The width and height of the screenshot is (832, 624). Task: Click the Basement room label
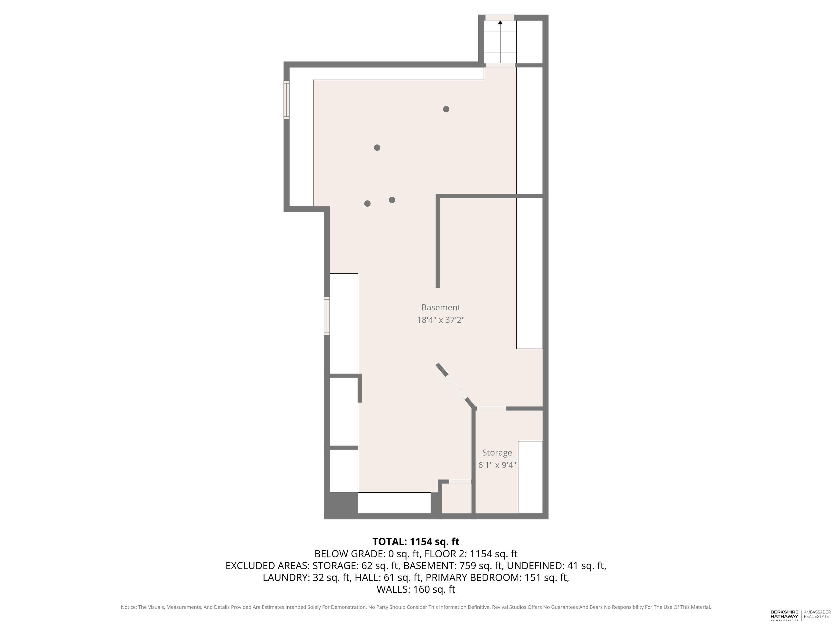pyautogui.click(x=440, y=307)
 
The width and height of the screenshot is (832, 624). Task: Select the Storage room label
pyautogui.click(x=497, y=453)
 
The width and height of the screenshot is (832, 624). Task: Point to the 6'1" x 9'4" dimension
pyautogui.click(x=497, y=465)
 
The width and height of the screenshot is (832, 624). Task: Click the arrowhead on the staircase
pyautogui.click(x=500, y=22)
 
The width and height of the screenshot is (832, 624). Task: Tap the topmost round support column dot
pyautogui.click(x=446, y=109)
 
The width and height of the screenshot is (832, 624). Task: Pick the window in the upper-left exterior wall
pyautogui.click(x=286, y=100)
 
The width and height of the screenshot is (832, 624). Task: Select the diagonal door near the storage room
pyautogui.click(x=457, y=387)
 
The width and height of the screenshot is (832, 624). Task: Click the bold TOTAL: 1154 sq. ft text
pyautogui.click(x=416, y=542)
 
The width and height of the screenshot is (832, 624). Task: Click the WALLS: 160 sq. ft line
pyautogui.click(x=416, y=589)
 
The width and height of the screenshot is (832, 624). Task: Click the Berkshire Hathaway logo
pyautogui.click(x=785, y=615)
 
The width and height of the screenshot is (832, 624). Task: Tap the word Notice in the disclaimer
pyautogui.click(x=129, y=607)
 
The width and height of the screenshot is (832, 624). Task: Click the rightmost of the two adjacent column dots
pyautogui.click(x=392, y=200)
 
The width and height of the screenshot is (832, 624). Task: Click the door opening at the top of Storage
pyautogui.click(x=491, y=408)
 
